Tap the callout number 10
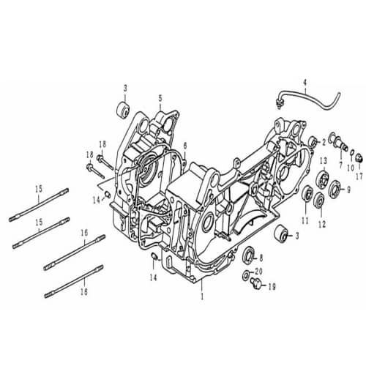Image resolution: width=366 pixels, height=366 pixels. pos(350,168)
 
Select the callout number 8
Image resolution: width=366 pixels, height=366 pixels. pos(261,258)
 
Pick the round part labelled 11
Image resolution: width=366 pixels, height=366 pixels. pos(307,195)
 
